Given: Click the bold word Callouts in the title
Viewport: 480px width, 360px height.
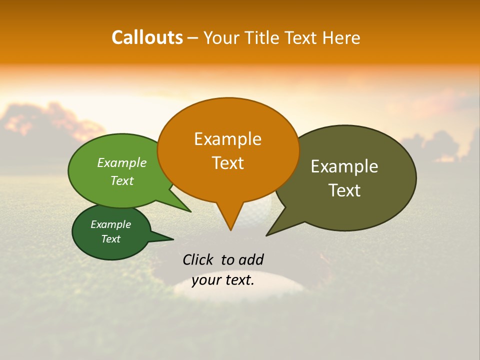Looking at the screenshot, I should [x=147, y=37].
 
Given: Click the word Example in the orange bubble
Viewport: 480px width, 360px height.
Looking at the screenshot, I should [x=227, y=139].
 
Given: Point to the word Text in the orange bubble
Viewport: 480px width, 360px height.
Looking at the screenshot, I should [x=227, y=163].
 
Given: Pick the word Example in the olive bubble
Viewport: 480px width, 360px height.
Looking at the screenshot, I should [x=344, y=166].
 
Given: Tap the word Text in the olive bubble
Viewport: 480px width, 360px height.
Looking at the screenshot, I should [x=344, y=190].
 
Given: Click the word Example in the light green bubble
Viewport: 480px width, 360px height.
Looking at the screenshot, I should [x=122, y=163].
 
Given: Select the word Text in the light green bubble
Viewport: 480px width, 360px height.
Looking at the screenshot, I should [x=122, y=181].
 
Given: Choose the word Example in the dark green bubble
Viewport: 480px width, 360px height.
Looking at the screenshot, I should [x=110, y=225].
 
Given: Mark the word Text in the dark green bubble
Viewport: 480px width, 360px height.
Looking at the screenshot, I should [x=110, y=239].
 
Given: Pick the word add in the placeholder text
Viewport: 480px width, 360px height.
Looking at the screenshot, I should [x=250, y=259].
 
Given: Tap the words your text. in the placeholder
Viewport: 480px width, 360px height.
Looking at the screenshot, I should [x=223, y=280].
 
